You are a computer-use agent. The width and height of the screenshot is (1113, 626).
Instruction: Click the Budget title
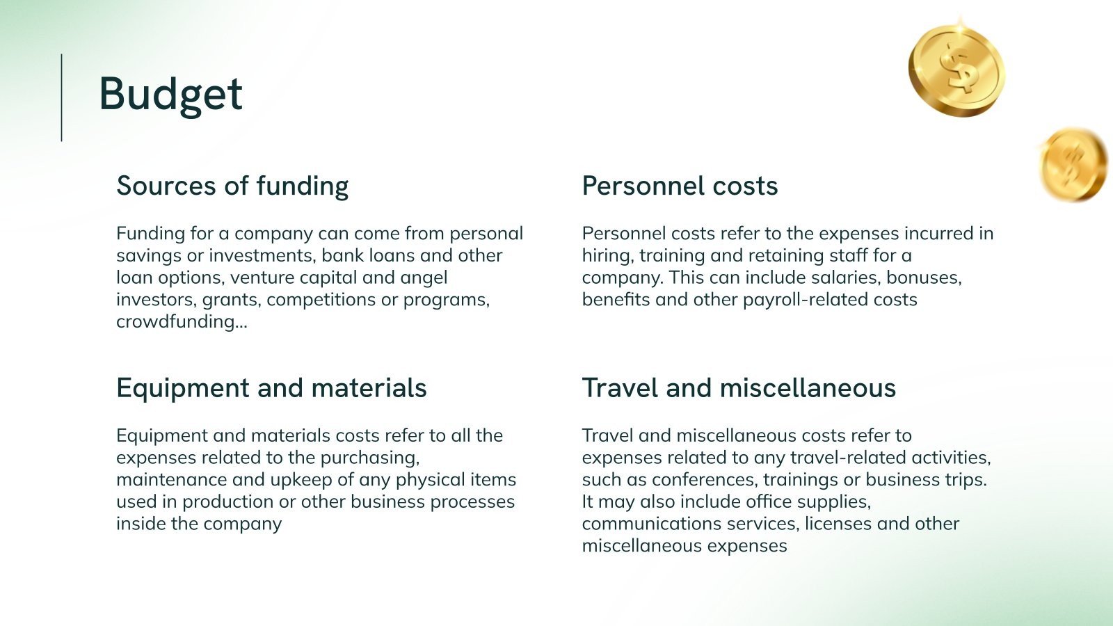click(x=170, y=94)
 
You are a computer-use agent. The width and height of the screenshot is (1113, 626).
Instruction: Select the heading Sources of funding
click(x=232, y=186)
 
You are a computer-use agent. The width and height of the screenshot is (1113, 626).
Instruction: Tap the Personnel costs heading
click(x=680, y=186)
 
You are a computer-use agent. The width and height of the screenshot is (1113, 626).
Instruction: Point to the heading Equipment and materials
click(x=271, y=388)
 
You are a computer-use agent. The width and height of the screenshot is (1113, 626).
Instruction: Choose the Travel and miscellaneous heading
click(x=739, y=388)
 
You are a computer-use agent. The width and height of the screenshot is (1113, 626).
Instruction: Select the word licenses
click(x=838, y=524)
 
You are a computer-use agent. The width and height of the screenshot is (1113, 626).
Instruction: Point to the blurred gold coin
click(x=1073, y=165)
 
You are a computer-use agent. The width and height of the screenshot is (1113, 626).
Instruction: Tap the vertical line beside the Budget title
click(x=62, y=97)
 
